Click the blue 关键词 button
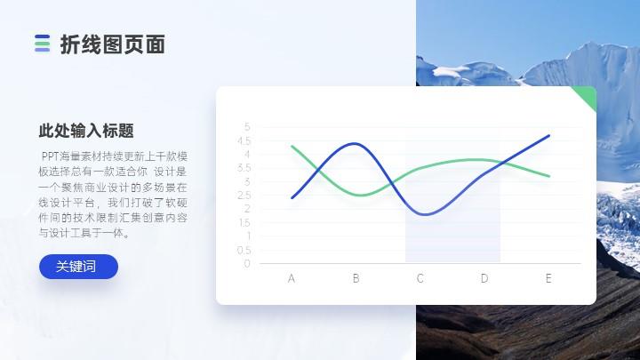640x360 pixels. point(78,267)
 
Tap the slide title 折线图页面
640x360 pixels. point(113,44)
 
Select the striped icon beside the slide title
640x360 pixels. point(42,44)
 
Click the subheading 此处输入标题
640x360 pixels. point(86,131)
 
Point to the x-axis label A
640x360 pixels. point(291,278)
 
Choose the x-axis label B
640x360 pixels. point(356,278)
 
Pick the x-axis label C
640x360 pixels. point(420,278)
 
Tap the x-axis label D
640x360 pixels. point(484,278)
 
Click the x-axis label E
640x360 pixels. point(548,278)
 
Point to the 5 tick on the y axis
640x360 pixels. point(247,127)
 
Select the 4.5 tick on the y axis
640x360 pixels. point(244,140)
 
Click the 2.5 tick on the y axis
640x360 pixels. point(244,196)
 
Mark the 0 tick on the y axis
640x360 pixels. point(247,264)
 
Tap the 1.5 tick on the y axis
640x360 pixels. point(244,223)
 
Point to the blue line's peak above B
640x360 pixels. point(355,143)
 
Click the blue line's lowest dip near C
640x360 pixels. point(426,214)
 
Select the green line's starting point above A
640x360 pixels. point(292,146)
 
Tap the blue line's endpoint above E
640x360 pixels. point(548,135)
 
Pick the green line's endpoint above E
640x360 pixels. point(549,176)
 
